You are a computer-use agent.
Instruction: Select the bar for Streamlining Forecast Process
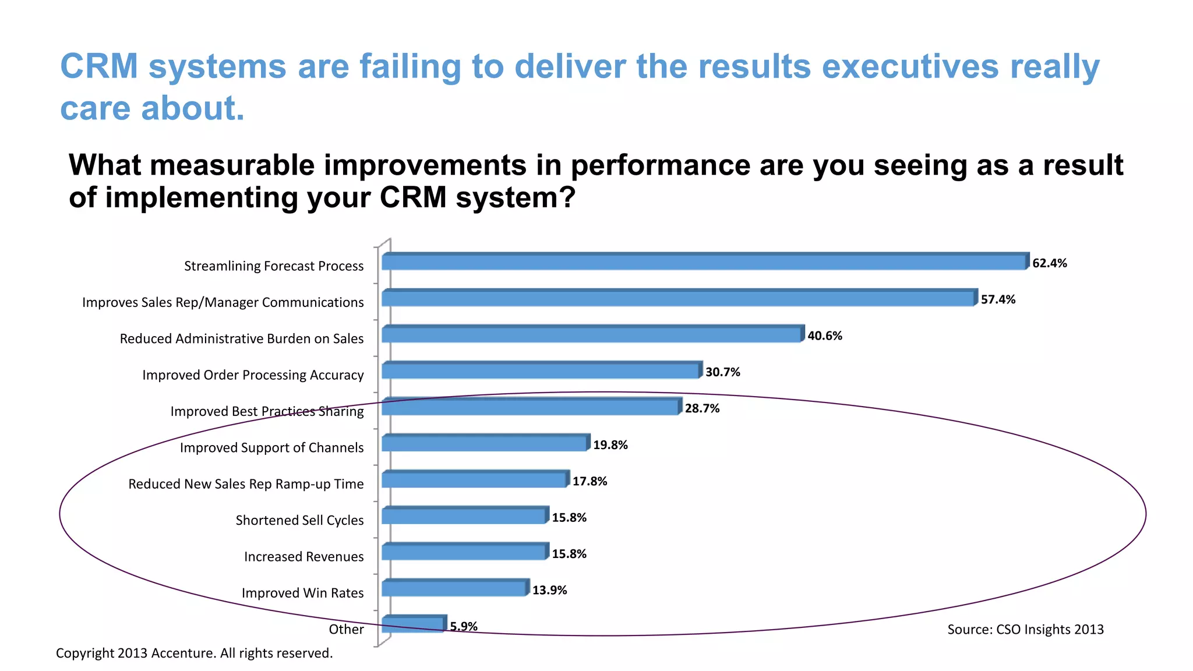tap(704, 262)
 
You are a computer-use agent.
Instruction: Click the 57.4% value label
tap(998, 299)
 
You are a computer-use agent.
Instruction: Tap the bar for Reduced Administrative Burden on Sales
tap(591, 335)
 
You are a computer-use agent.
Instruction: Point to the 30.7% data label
tap(722, 372)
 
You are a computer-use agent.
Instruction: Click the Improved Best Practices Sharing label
tap(267, 411)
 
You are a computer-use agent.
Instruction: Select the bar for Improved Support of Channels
tap(485, 444)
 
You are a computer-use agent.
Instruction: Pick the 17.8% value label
tap(590, 481)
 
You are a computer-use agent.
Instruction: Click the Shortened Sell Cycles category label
tap(299, 520)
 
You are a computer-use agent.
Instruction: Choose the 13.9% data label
tap(549, 590)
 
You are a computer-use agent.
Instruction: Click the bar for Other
tap(413, 624)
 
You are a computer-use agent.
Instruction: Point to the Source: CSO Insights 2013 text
tap(1025, 629)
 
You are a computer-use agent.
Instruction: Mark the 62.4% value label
tap(1049, 263)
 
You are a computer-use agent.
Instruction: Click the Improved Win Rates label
tap(302, 593)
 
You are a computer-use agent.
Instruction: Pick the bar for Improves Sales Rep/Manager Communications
tap(677, 298)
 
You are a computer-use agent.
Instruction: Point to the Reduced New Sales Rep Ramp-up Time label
tap(246, 484)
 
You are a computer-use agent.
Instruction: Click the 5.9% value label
tap(464, 626)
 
